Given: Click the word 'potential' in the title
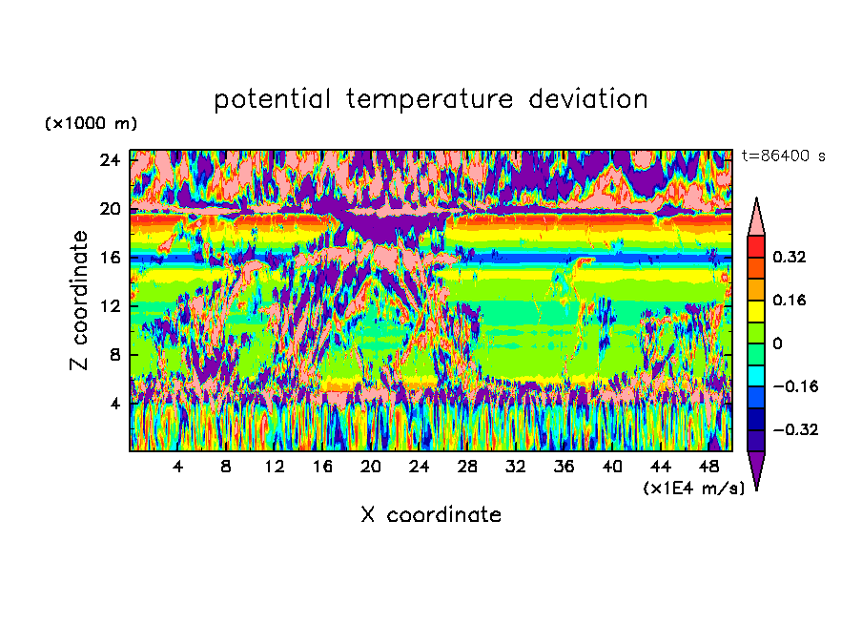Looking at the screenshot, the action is pyautogui.click(x=272, y=100).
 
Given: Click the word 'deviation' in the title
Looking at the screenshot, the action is pyautogui.click(x=588, y=99).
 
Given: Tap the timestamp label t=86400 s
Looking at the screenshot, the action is pyautogui.click(x=784, y=156).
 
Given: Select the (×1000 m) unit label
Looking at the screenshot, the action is pyautogui.click(x=91, y=123).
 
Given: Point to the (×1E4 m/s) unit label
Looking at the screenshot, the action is pyautogui.click(x=694, y=488).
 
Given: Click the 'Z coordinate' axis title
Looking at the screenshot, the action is pyautogui.click(x=79, y=301).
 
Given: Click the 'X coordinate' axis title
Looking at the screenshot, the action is pyautogui.click(x=431, y=514).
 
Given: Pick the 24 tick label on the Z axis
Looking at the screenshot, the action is pyautogui.click(x=110, y=160).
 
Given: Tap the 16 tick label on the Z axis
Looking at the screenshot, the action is pyautogui.click(x=110, y=257).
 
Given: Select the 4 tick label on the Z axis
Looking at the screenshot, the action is pyautogui.click(x=114, y=403).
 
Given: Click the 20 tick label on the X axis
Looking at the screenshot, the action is pyautogui.click(x=371, y=467).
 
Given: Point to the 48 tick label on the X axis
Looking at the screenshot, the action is pyautogui.click(x=708, y=467).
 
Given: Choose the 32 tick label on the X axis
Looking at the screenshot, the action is pyautogui.click(x=515, y=467).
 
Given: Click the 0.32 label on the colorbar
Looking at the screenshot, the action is pyautogui.click(x=790, y=257).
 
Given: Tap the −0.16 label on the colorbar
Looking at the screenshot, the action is pyautogui.click(x=795, y=386).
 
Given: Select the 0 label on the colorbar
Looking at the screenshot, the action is pyautogui.click(x=777, y=343).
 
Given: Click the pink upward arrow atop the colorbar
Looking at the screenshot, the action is pyautogui.click(x=756, y=218).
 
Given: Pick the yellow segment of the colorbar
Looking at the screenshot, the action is pyautogui.click(x=756, y=311).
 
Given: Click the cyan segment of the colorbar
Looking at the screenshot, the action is pyautogui.click(x=756, y=376).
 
